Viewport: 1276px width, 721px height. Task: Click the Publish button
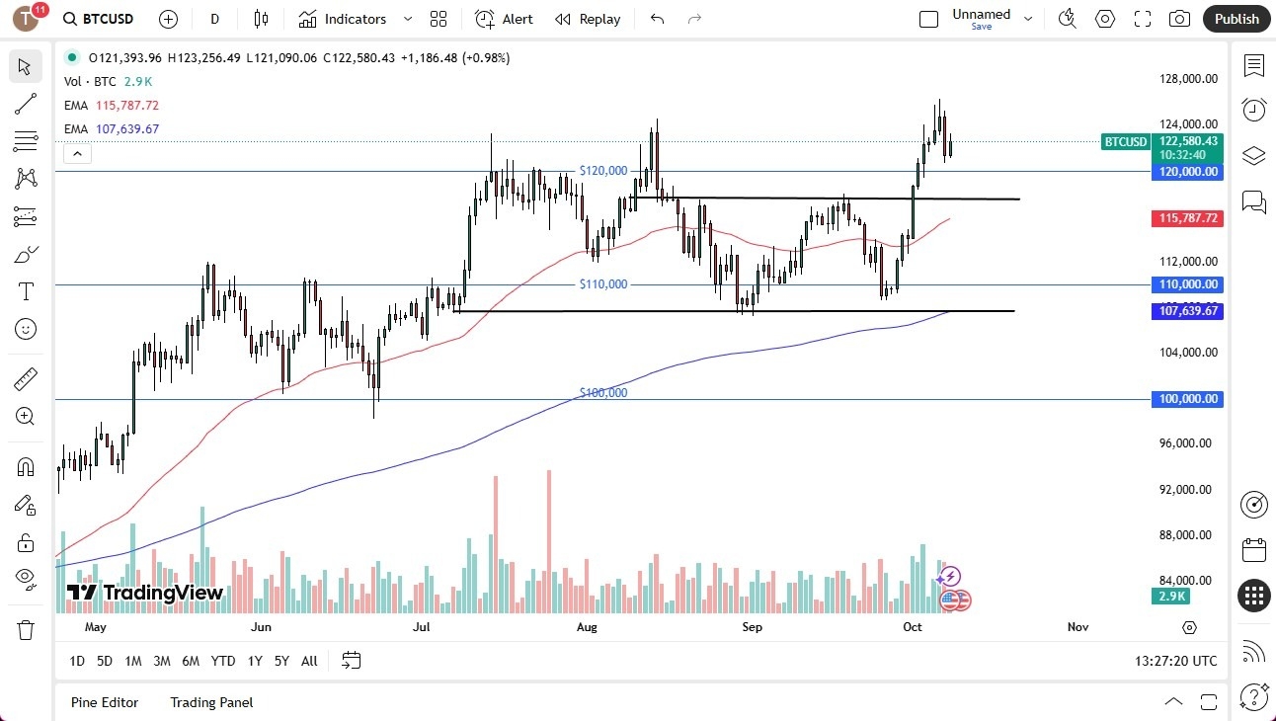coord(1236,19)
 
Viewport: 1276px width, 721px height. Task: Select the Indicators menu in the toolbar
coord(354,19)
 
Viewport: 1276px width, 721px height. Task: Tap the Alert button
coord(504,19)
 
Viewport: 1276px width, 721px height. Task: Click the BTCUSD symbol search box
coord(98,19)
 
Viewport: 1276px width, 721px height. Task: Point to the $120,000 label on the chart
coord(602,171)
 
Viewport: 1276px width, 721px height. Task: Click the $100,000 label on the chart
coord(602,392)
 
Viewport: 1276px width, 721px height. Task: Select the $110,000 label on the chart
coord(602,284)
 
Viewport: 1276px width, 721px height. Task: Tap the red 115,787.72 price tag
coord(1187,218)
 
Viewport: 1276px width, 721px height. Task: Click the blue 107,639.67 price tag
coord(1187,310)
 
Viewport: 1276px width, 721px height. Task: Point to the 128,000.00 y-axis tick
coord(1187,79)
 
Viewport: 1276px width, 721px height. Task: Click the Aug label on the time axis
coord(587,626)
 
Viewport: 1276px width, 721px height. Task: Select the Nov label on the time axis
coord(1077,626)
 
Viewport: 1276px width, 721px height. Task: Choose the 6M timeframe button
coord(191,661)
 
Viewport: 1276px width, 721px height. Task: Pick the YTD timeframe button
coord(223,661)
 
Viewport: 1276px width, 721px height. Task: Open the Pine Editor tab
coord(105,702)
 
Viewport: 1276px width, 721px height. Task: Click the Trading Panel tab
coord(211,702)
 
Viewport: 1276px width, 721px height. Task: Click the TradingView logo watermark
coord(144,593)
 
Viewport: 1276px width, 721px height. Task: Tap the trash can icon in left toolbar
coord(26,629)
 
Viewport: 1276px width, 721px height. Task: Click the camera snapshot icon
coord(1179,19)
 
